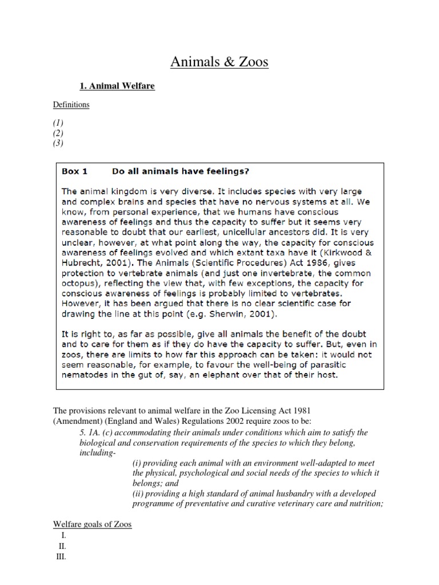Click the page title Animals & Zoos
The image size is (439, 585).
[219, 62]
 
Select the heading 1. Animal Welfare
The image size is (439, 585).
[117, 86]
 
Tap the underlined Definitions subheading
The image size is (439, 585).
[71, 105]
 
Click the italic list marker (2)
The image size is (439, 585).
[59, 133]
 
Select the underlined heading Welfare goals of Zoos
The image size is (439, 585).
[93, 524]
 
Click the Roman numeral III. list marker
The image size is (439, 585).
[61, 557]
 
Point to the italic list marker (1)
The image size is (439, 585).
[59, 123]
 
